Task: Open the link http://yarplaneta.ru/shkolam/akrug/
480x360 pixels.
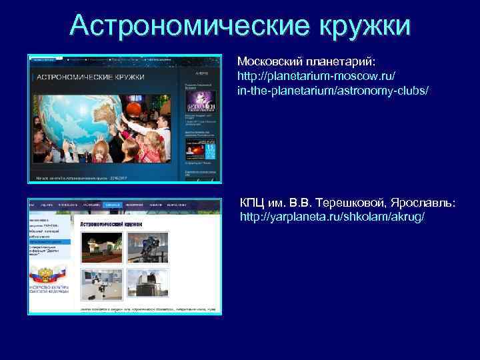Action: [x=331, y=217]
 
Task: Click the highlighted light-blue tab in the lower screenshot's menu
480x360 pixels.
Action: [x=113, y=205]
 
